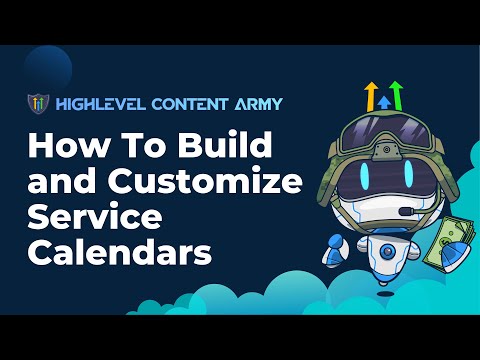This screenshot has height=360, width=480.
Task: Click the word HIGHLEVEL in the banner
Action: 92,104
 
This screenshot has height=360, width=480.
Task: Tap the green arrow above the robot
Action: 396,95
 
